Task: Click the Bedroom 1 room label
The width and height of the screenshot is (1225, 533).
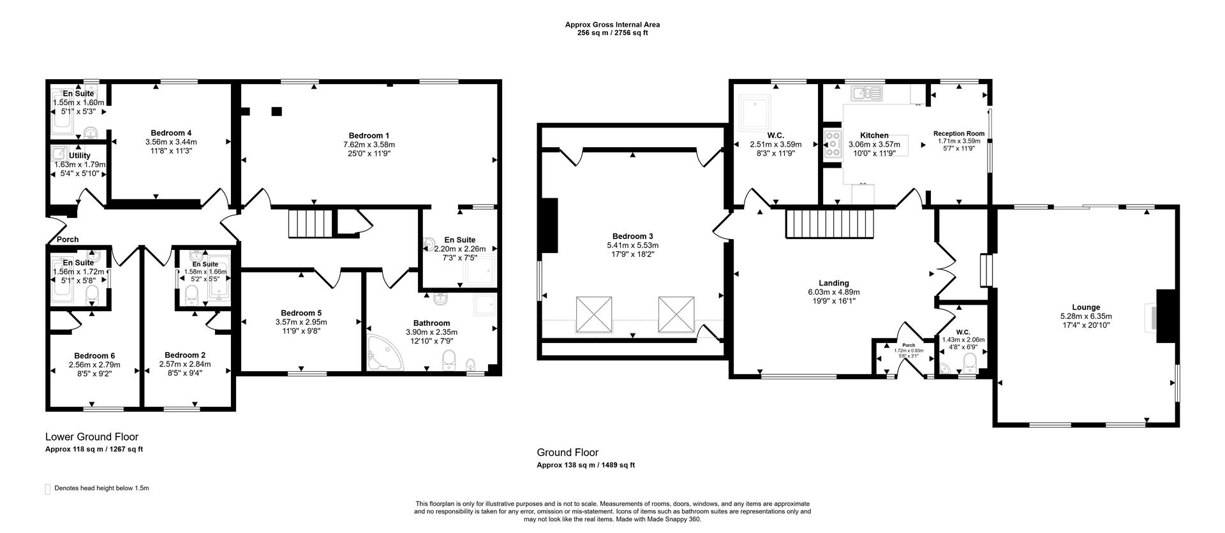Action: pyautogui.click(x=369, y=135)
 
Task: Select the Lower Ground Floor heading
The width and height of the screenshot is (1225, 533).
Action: pyautogui.click(x=92, y=437)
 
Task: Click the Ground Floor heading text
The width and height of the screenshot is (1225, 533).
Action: pyautogui.click(x=567, y=453)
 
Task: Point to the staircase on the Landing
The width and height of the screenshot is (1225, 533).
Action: pyautogui.click(x=828, y=224)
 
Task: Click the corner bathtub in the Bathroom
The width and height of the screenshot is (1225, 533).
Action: pyautogui.click(x=383, y=353)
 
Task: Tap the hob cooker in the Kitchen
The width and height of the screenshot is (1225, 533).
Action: pyautogui.click(x=833, y=145)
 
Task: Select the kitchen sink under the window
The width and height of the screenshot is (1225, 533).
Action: pyautogui.click(x=866, y=94)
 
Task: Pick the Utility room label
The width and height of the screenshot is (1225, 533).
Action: pyautogui.click(x=80, y=156)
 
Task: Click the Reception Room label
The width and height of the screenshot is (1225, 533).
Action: pyautogui.click(x=958, y=134)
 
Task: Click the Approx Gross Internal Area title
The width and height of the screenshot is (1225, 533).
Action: pyautogui.click(x=612, y=25)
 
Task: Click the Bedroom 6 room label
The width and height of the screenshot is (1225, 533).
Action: pyautogui.click(x=94, y=356)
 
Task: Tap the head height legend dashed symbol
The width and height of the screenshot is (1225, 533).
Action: pyautogui.click(x=47, y=489)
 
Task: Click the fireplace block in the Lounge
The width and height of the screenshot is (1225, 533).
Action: pyautogui.click(x=1166, y=316)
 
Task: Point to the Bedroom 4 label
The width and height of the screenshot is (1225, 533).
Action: pyautogui.click(x=171, y=133)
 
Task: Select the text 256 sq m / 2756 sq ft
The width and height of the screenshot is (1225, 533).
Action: pyautogui.click(x=612, y=33)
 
